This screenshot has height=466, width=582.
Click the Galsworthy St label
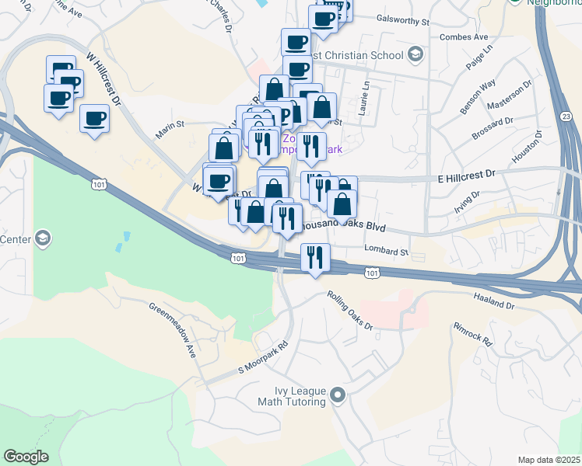click(402, 19)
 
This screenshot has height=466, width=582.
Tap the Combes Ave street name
click(463, 37)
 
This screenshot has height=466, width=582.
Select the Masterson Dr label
click(509, 95)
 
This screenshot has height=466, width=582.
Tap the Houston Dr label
click(527, 146)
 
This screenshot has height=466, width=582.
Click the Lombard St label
click(387, 252)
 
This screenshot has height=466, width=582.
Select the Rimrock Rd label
click(472, 332)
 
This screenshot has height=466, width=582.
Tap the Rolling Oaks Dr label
click(350, 311)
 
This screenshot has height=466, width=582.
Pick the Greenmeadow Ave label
click(174, 329)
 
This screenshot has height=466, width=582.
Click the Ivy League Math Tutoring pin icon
click(337, 396)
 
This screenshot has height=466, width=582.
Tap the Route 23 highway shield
click(566, 116)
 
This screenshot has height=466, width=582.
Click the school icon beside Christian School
click(415, 55)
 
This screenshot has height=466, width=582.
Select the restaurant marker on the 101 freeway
click(314, 256)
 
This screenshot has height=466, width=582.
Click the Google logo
click(26, 457)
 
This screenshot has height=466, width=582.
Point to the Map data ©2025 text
click(549, 460)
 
